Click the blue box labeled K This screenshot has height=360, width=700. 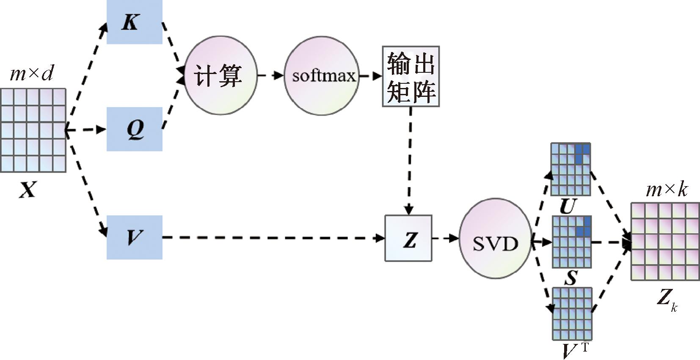[134, 22]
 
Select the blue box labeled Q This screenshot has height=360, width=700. [134, 129]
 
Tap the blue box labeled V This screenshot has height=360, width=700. [134, 237]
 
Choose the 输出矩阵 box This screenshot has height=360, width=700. [411, 77]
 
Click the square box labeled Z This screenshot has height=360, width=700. [408, 238]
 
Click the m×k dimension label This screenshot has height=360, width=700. [667, 190]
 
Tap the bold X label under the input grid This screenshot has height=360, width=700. [28, 190]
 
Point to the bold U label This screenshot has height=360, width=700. [568, 206]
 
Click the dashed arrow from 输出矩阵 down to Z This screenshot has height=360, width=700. [409, 161]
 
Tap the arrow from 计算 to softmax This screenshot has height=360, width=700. [270, 76]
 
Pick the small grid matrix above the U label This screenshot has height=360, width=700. [570, 169]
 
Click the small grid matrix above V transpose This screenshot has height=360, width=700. [571, 313]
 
